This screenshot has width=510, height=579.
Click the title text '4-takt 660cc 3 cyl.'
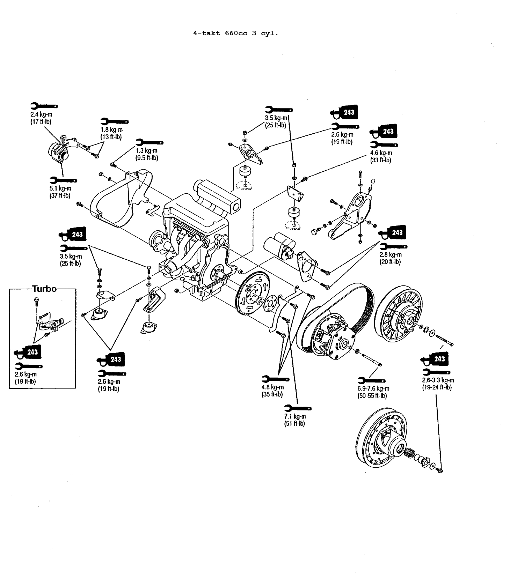236,34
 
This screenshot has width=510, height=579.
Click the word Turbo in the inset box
44,289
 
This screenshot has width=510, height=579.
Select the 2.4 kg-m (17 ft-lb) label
41,118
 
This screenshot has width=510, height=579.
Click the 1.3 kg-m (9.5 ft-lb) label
147,154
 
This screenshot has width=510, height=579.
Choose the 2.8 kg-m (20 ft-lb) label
391,258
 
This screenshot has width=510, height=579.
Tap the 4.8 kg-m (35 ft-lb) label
272,391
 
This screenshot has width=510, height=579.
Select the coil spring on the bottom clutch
409,454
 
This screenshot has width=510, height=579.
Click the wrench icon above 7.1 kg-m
298,408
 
